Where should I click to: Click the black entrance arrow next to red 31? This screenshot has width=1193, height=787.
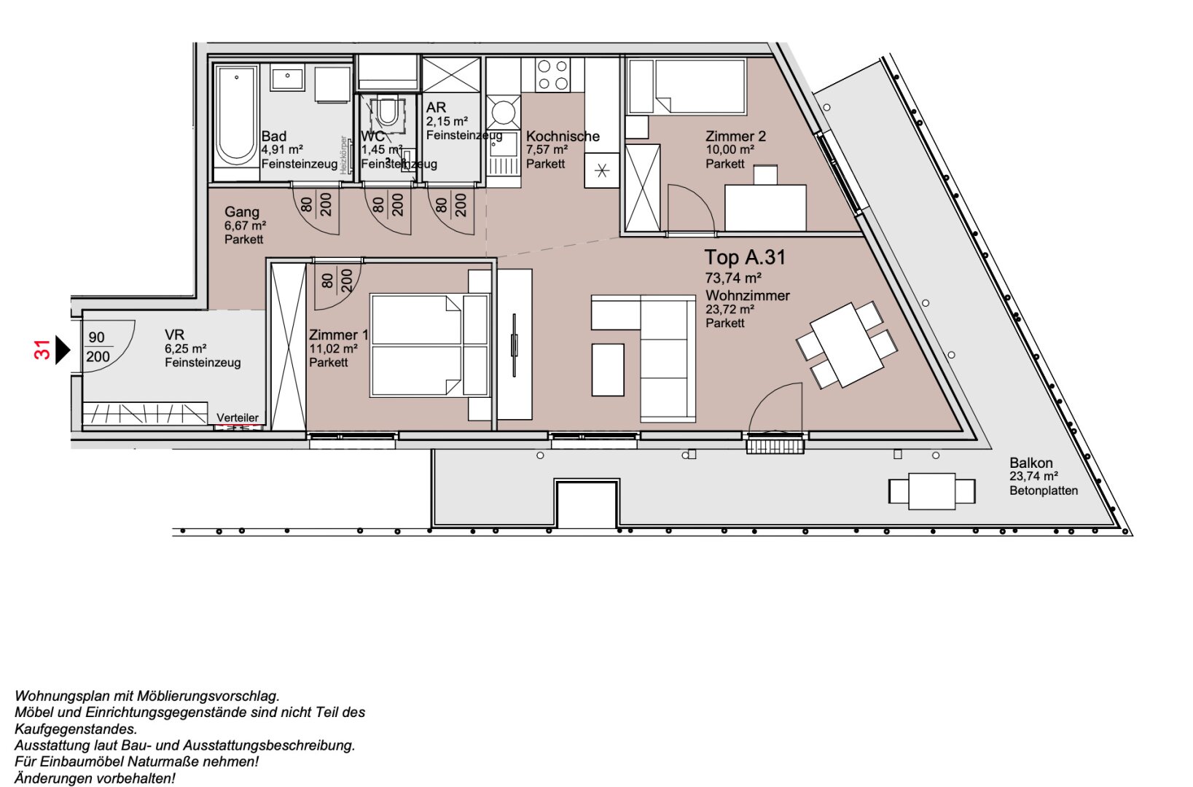point(62,350)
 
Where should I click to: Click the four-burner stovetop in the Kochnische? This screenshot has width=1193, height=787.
point(552,75)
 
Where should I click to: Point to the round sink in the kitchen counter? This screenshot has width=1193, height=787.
point(503,114)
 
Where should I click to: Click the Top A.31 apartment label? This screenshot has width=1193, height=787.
point(744,257)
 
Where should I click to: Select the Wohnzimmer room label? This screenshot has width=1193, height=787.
point(747,296)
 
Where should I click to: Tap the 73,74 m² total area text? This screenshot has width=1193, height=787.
point(733,278)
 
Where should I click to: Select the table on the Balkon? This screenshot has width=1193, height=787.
point(931,491)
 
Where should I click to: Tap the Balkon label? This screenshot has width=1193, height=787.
point(1030,463)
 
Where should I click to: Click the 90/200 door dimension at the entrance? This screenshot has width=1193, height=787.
point(98,347)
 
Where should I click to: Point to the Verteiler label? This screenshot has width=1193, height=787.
point(238,418)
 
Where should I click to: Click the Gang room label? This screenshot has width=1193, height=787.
point(241,212)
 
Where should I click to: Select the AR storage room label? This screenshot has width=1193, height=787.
point(436,107)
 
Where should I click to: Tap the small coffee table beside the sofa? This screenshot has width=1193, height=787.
point(608,369)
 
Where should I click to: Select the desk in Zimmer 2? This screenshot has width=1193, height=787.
point(765,207)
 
